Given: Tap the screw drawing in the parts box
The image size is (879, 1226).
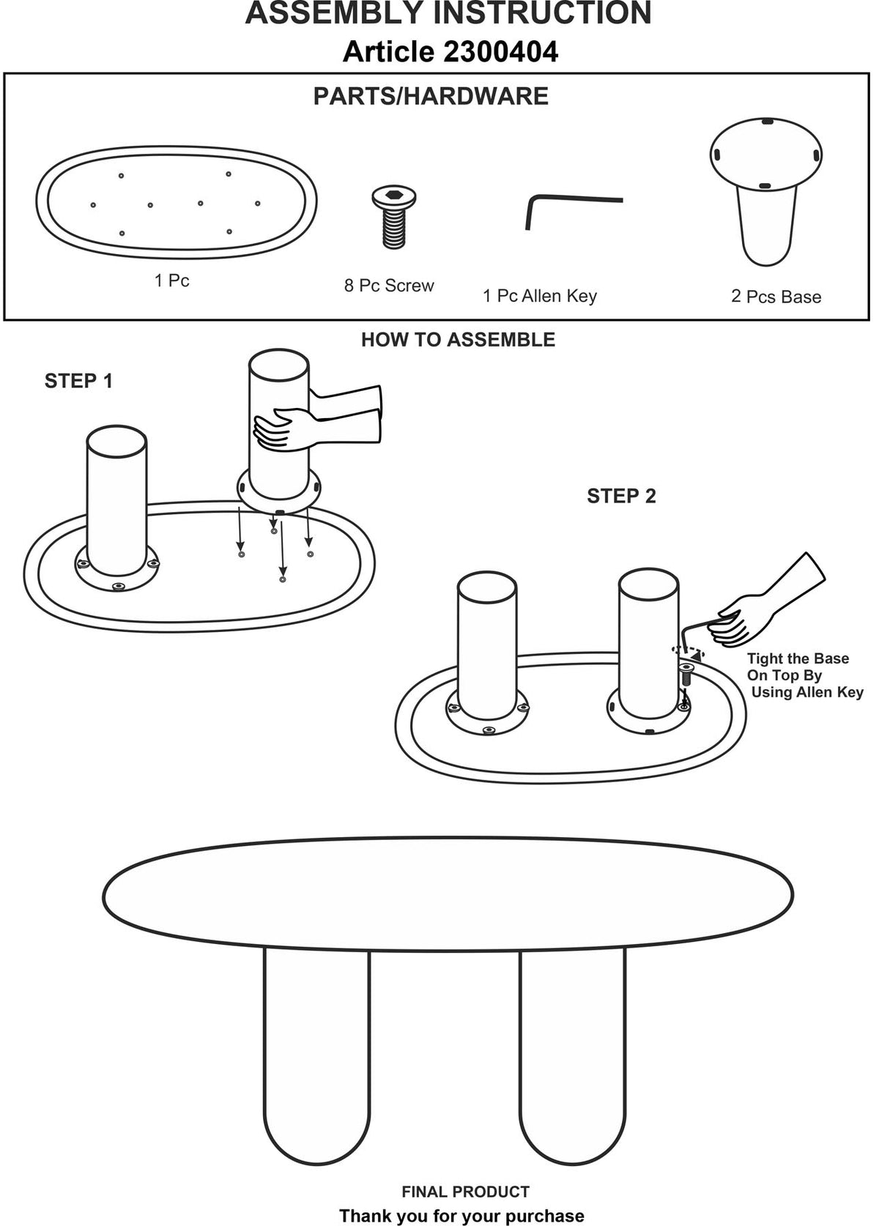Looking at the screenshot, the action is tap(393, 217).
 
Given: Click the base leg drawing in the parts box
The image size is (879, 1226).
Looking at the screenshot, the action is tap(765, 192).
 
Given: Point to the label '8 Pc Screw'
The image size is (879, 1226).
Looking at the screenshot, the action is tap(389, 286).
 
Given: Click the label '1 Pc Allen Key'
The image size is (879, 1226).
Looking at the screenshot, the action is tap(540, 296).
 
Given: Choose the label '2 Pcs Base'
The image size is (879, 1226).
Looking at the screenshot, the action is tap(776, 297).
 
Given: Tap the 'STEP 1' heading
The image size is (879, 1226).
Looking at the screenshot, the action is tap(78, 381).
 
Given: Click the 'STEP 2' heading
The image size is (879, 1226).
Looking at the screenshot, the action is tap(621, 496).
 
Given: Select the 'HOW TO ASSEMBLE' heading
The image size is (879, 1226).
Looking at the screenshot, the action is tap(458, 340).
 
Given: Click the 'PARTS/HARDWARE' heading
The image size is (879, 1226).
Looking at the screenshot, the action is tap(431, 97).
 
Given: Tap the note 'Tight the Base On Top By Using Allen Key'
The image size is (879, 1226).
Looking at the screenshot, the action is tap(804, 675).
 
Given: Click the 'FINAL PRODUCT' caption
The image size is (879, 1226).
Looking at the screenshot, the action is tap(465, 1192).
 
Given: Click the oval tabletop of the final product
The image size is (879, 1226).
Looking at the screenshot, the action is tap(448, 894).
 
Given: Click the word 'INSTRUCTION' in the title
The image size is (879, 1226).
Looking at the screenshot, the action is tap(542, 13).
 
